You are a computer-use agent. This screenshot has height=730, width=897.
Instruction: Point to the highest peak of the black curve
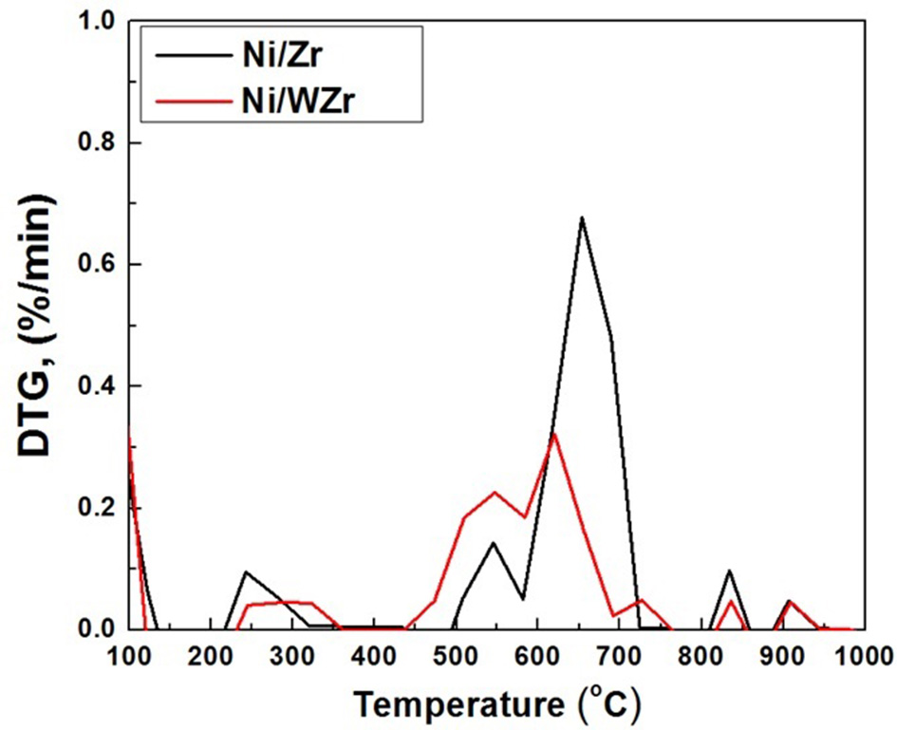point(581,218)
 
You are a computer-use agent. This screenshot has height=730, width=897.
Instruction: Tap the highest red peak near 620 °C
point(553,434)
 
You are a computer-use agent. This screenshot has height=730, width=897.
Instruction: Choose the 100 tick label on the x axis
point(127,656)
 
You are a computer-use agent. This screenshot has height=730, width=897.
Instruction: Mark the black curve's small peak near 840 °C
point(729,571)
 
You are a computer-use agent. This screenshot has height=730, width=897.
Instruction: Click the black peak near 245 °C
point(246,571)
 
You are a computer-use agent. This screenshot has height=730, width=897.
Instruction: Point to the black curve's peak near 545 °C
point(493,543)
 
